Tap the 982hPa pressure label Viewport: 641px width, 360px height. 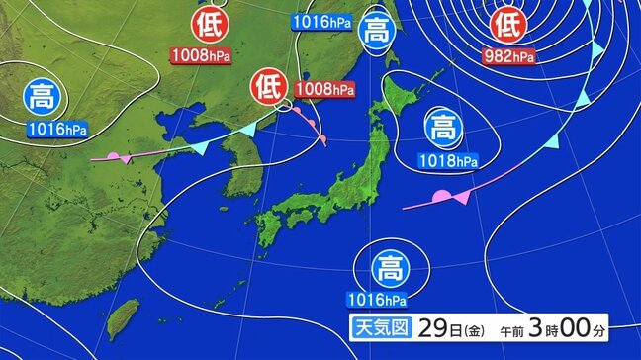[x=508, y=55]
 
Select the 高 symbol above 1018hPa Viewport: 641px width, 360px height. [x=442, y=128]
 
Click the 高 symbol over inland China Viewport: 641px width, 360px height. [x=42, y=98]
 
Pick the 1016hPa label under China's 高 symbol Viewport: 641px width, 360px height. [x=56, y=129]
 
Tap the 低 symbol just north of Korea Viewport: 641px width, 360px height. [x=268, y=87]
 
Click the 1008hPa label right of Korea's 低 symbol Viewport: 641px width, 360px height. [x=325, y=89]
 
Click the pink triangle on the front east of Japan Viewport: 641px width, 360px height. [x=462, y=197]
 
